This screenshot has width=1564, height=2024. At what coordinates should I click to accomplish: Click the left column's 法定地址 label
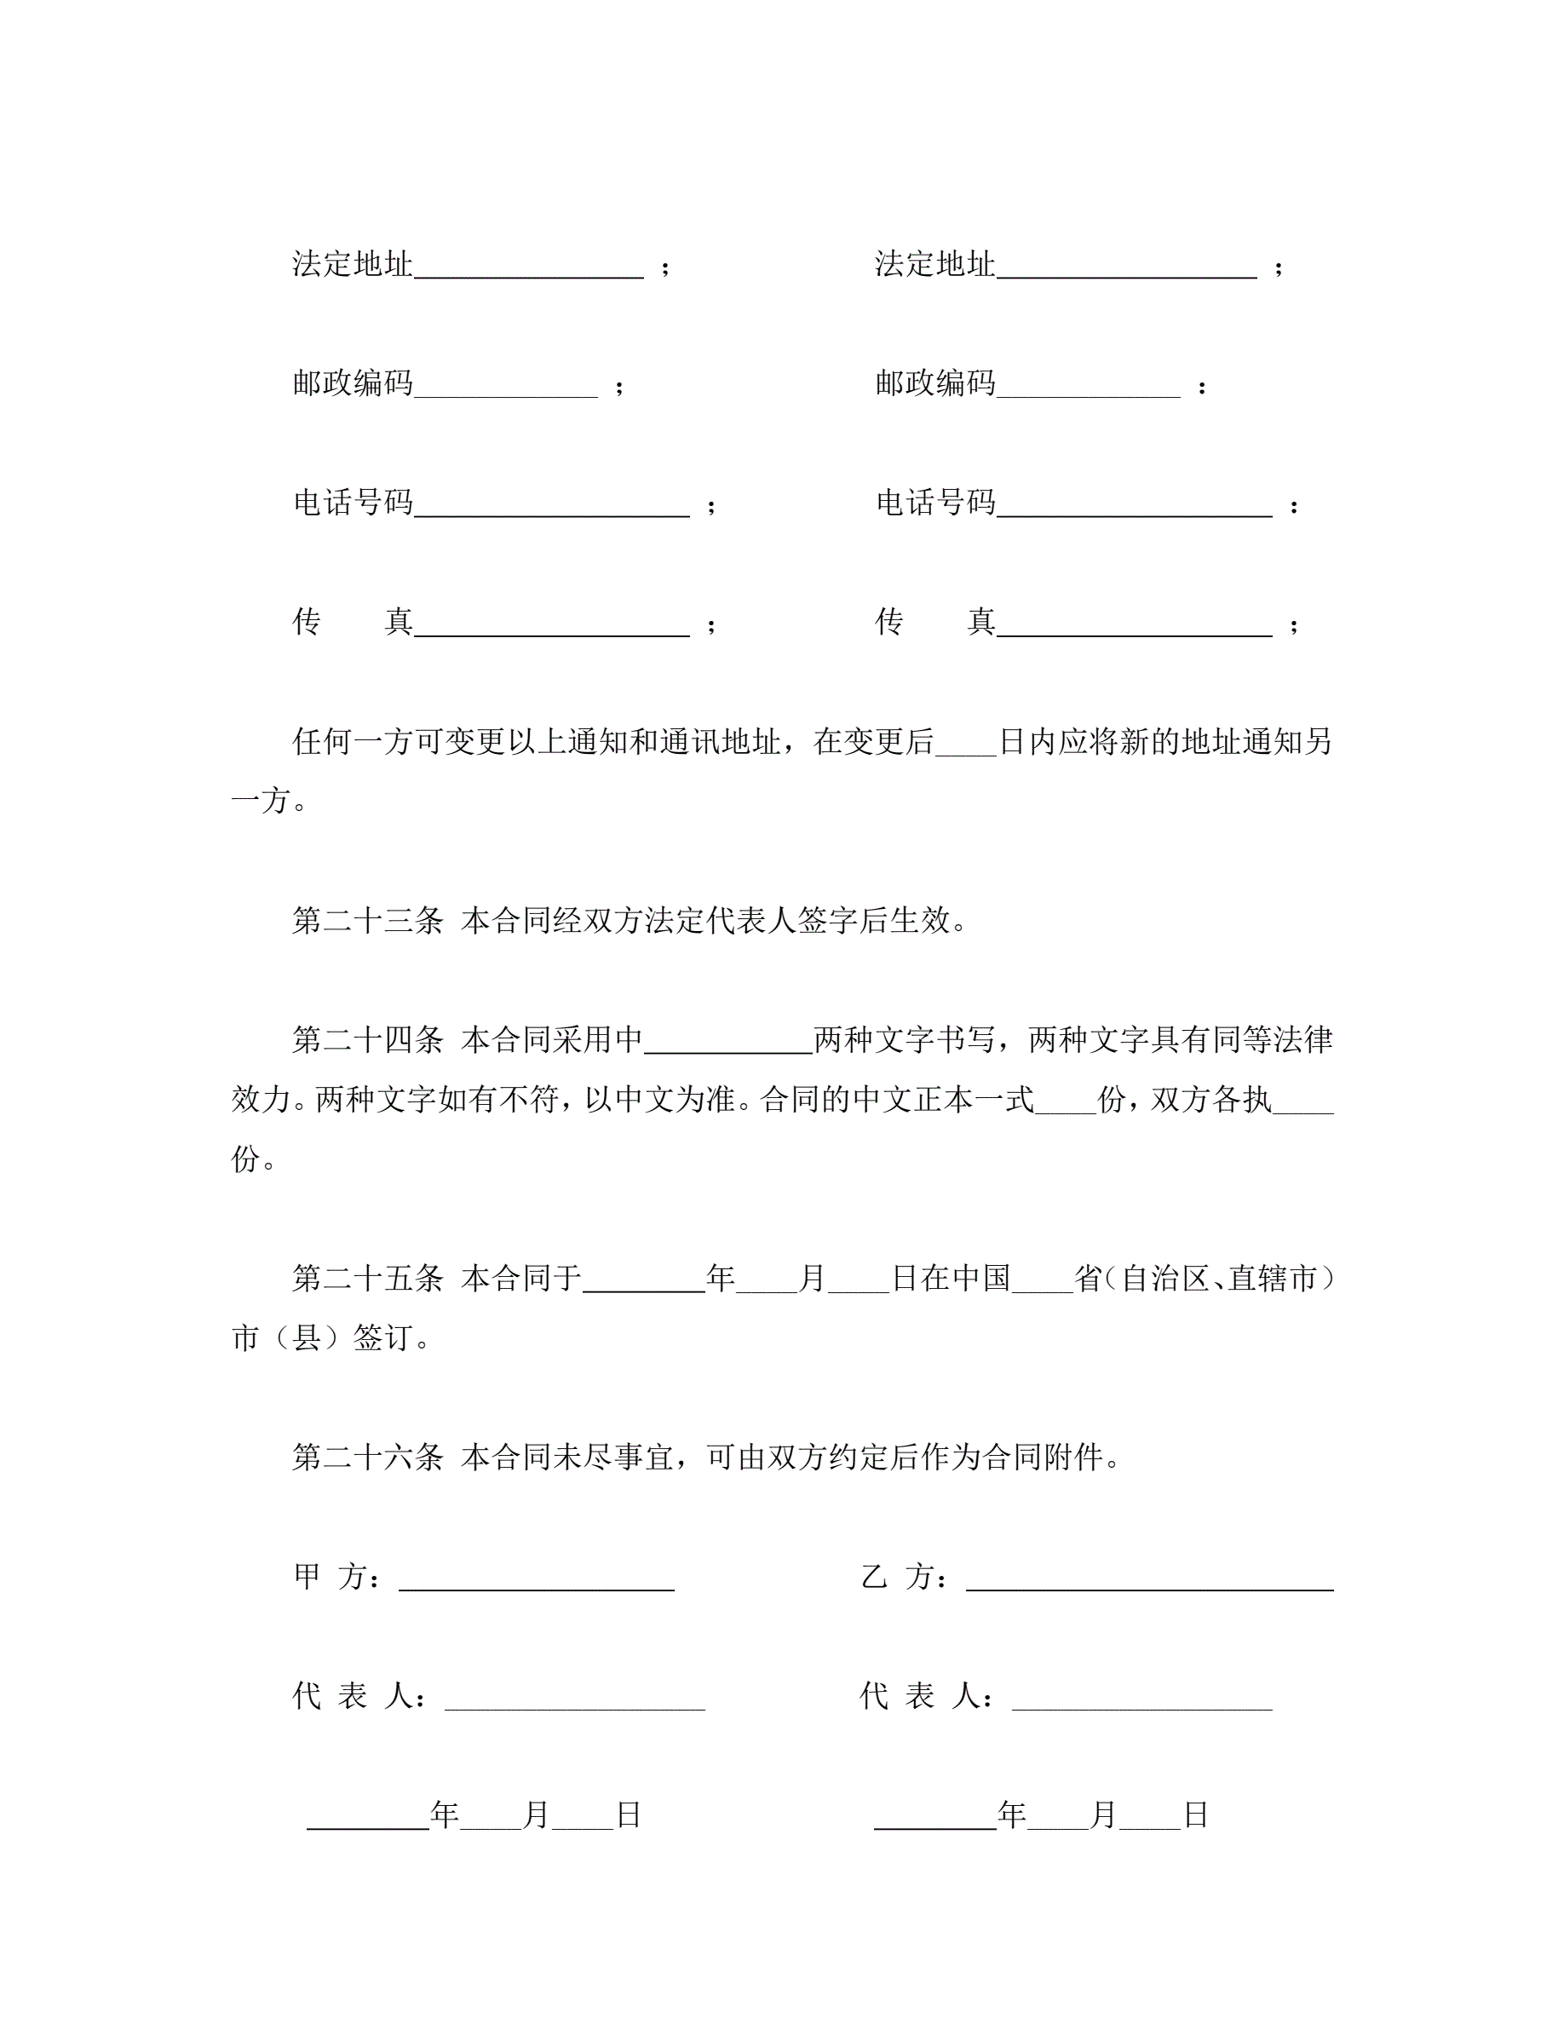352,265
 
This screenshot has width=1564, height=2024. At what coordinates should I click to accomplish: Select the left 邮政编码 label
352,383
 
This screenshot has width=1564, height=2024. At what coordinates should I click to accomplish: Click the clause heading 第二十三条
368,921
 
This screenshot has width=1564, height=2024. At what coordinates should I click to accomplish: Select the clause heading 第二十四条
368,1041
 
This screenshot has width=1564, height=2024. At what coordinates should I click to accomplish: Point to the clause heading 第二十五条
368,1279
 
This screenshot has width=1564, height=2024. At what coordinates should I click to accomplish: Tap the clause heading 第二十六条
368,1458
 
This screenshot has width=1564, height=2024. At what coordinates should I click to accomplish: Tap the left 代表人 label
359,1697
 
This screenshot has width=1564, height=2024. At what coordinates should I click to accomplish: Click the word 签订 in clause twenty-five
382,1339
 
